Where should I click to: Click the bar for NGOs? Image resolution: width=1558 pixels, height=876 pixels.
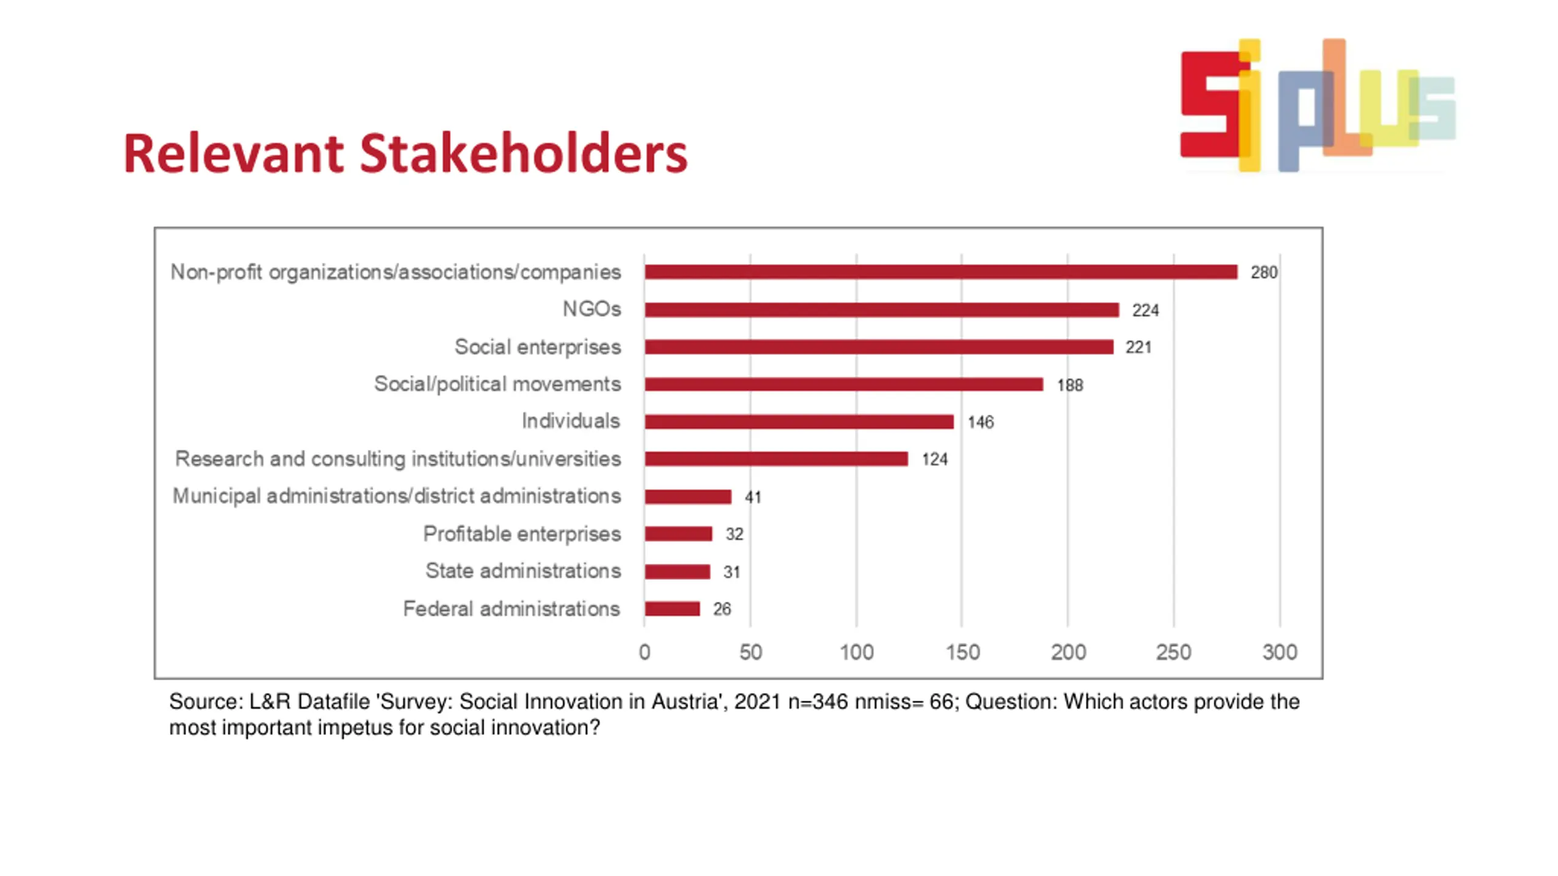point(881,310)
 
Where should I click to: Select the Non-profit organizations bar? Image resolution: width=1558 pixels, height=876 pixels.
point(940,272)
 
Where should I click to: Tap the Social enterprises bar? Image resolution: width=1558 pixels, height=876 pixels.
point(879,347)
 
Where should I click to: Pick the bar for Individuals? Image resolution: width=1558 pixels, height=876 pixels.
point(799,422)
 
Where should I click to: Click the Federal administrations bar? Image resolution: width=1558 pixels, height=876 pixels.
point(672,608)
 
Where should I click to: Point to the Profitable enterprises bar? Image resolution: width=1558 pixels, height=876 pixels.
point(678,534)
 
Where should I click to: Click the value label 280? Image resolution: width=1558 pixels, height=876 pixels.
point(1263,273)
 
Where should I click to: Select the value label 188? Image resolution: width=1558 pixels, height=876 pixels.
point(1070,385)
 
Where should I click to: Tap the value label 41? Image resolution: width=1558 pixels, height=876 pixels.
point(753,497)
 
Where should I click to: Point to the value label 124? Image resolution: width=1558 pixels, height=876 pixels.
point(934,459)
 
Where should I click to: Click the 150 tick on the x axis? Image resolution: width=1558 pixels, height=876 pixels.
point(962,652)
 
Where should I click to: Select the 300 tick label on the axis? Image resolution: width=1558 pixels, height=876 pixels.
point(1279,652)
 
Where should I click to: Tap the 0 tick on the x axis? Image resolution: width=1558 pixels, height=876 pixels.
point(645,652)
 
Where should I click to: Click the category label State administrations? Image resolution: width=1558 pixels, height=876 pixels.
point(523,571)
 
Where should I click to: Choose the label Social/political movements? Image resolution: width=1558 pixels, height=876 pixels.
point(497,384)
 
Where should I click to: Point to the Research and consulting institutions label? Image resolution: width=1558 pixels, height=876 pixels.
point(398,459)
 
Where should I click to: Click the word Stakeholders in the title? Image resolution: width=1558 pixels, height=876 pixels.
point(523,153)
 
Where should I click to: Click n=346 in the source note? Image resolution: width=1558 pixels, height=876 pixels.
point(817,701)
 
